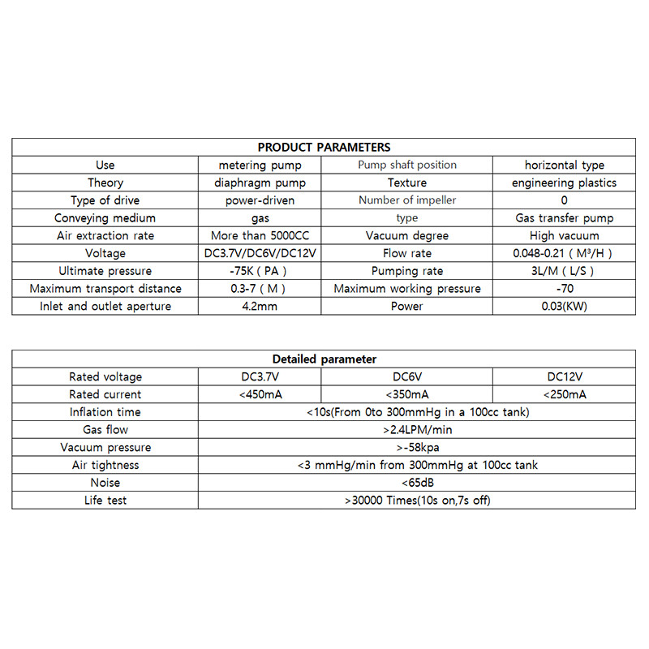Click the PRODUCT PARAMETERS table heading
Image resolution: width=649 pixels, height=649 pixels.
pyautogui.click(x=324, y=147)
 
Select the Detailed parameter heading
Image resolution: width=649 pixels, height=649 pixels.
pyautogui.click(x=324, y=359)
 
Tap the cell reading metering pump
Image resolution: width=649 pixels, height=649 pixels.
pyautogui.click(x=260, y=165)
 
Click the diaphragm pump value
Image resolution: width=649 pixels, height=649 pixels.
pyautogui.click(x=260, y=183)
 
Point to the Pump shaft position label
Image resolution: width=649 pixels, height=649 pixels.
pyautogui.click(x=407, y=165)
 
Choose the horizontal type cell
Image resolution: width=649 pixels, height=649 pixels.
pyautogui.click(x=564, y=165)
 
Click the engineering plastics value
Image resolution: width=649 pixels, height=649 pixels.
pyautogui.click(x=564, y=183)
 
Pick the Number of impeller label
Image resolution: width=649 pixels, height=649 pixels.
pyautogui.click(x=407, y=200)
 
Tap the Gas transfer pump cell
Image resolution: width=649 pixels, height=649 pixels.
pyautogui.click(x=564, y=217)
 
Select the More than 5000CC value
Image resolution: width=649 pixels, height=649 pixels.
pyautogui.click(x=260, y=235)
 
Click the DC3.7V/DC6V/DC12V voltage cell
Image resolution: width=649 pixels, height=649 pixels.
pyautogui.click(x=260, y=253)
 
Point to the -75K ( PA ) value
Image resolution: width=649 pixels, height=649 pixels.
pyautogui.click(x=260, y=271)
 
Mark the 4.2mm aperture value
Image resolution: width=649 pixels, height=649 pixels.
pyautogui.click(x=260, y=307)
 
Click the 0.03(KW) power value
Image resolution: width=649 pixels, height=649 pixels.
pyautogui.click(x=564, y=307)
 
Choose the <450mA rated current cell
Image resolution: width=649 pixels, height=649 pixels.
pyautogui.click(x=260, y=394)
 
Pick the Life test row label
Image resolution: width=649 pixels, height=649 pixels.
pyautogui.click(x=105, y=500)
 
